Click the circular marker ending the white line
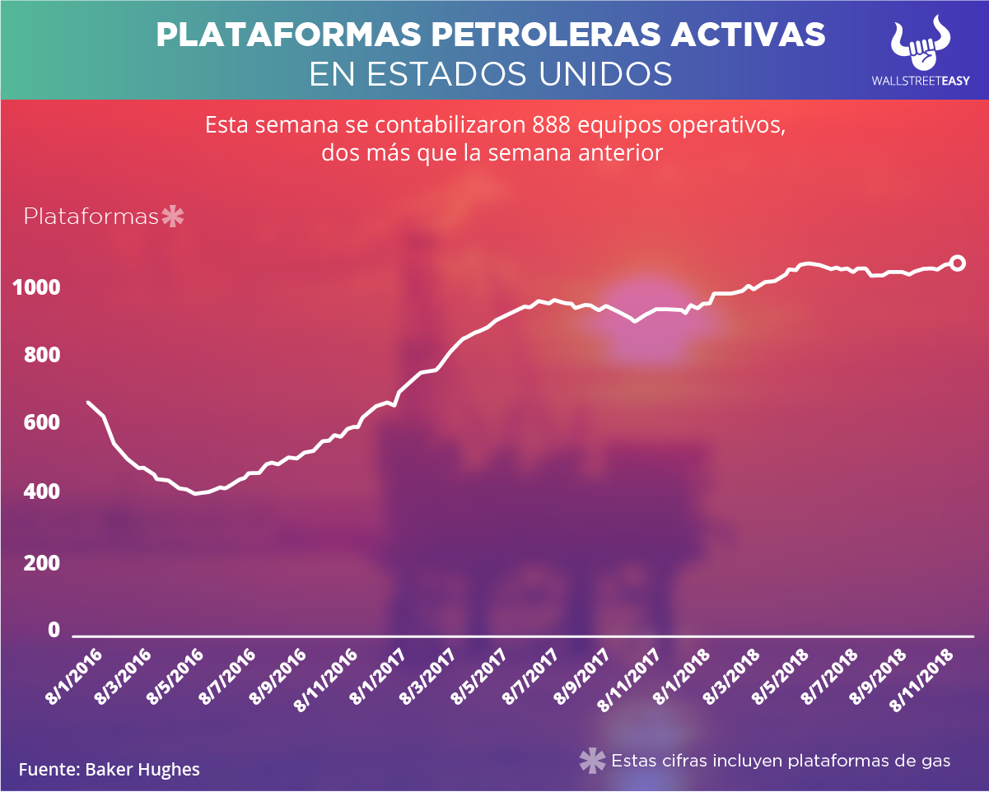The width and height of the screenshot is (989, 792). point(958,263)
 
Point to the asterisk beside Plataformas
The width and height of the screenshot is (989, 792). point(173,217)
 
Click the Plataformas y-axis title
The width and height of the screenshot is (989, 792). point(91,217)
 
